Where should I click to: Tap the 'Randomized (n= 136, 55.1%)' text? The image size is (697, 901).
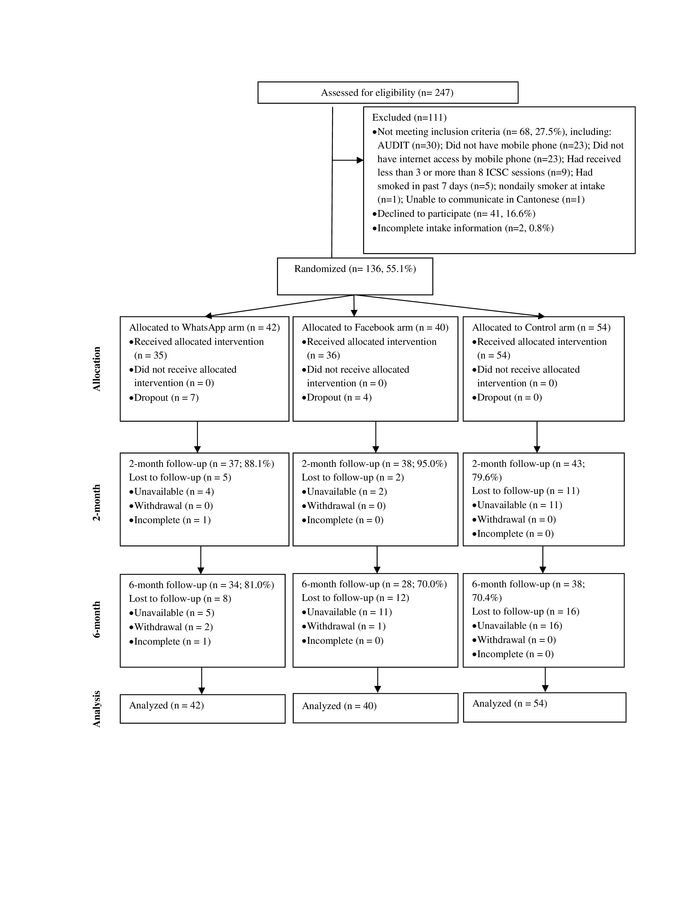[355, 269]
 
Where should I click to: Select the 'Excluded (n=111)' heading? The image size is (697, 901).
[409, 118]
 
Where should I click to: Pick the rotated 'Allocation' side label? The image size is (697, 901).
[96, 369]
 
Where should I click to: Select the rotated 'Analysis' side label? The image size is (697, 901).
[96, 709]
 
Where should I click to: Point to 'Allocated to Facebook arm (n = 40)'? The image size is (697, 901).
[375, 328]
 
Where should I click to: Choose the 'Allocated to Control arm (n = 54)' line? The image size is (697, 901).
[541, 328]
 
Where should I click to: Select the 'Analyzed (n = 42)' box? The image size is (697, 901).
[202, 709]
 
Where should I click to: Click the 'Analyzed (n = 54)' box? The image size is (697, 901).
[544, 707]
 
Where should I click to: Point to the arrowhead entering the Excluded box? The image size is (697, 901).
[360, 160]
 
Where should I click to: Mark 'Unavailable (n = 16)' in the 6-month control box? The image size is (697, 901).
[519, 626]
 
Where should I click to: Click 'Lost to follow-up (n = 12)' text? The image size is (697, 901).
[355, 598]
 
